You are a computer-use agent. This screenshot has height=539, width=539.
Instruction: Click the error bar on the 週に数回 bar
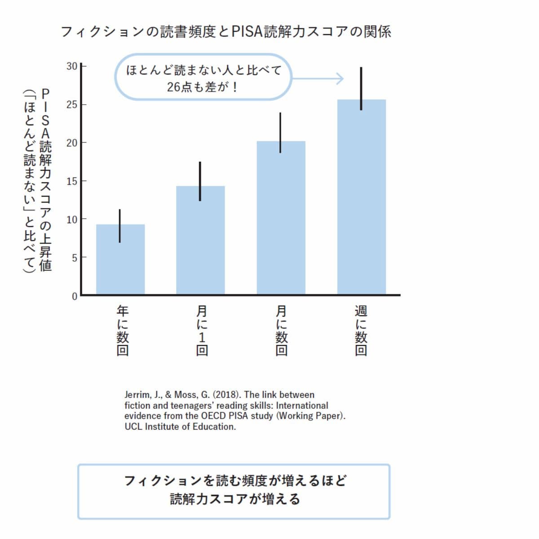click(x=361, y=88)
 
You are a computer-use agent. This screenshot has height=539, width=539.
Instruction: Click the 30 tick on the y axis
click(x=72, y=66)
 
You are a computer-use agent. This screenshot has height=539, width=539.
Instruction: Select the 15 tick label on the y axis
click(x=72, y=181)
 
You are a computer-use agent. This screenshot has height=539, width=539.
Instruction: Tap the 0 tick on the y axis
click(x=75, y=296)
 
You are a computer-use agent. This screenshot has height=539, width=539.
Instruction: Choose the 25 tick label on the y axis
click(x=72, y=105)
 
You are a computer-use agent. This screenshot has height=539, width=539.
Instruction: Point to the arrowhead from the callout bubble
click(x=340, y=79)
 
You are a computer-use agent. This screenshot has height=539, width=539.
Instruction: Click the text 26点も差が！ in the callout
click(x=202, y=87)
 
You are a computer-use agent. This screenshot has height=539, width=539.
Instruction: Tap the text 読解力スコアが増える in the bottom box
click(x=234, y=499)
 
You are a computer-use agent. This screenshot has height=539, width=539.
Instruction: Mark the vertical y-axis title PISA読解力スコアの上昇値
click(x=45, y=180)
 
